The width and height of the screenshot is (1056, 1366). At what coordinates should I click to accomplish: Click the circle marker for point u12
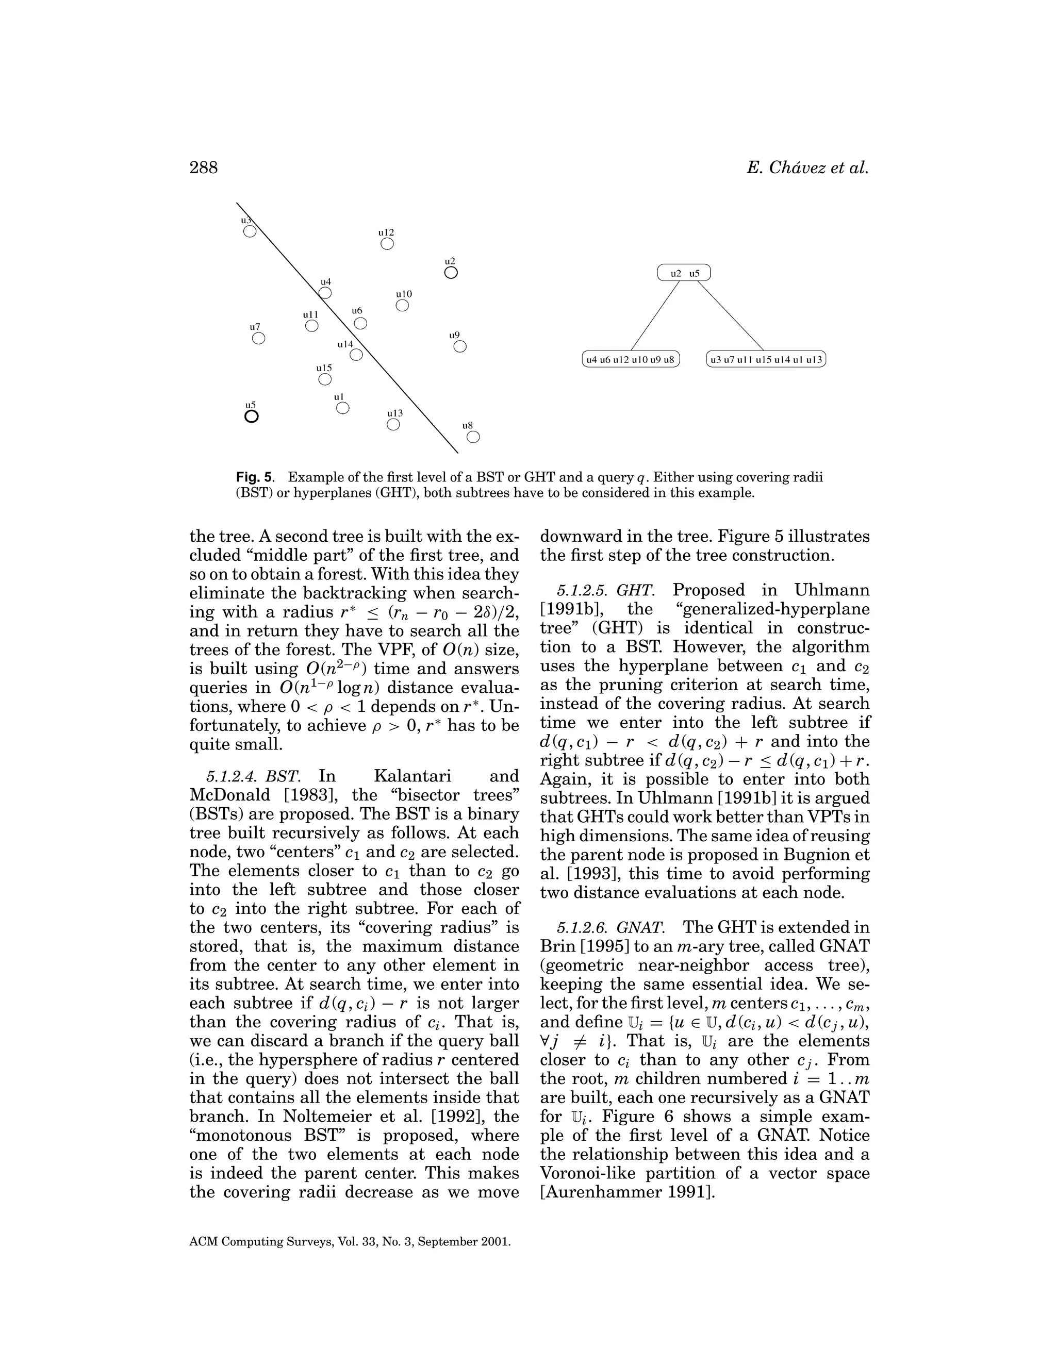(387, 244)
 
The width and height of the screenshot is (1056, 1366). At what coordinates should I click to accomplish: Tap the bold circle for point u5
(251, 416)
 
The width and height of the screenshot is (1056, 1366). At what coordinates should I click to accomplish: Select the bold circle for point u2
(451, 273)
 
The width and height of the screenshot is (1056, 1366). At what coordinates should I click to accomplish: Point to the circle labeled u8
(473, 437)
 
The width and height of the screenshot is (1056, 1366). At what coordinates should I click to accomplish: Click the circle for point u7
(258, 338)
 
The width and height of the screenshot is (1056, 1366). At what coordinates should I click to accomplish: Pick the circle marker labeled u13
(393, 425)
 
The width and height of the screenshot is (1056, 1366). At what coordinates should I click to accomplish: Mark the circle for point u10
(402, 305)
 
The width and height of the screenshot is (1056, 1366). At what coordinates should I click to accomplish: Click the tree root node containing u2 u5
(684, 273)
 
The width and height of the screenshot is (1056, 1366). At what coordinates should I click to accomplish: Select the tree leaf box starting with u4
(630, 360)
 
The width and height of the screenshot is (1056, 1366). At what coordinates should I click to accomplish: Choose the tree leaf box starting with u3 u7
(766, 360)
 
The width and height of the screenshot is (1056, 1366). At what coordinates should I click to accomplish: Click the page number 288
(203, 168)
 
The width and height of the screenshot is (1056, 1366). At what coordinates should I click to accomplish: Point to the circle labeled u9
(459, 346)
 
